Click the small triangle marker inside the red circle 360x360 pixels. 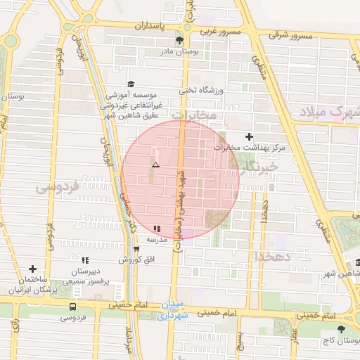[155, 164]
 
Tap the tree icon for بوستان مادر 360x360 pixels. [179, 40]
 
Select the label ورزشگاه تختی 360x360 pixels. [202, 91]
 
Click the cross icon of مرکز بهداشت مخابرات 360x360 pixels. [247, 136]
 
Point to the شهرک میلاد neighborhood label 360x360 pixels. [329, 112]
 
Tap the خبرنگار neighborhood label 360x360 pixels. [259, 167]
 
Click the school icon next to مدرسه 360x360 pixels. [156, 229]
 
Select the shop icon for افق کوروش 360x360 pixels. [136, 249]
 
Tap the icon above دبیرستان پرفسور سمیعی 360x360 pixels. [85, 260]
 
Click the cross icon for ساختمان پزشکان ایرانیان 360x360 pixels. [32, 269]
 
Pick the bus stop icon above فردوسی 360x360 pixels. [73, 307]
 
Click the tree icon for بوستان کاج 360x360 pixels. [341, 328]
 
